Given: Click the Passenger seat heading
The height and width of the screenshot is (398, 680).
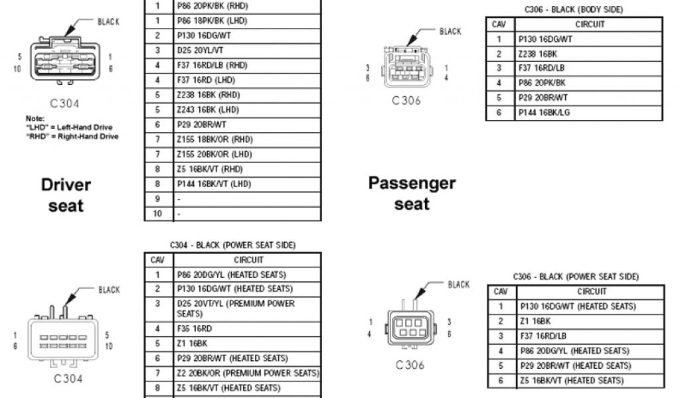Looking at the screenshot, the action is (x=412, y=193).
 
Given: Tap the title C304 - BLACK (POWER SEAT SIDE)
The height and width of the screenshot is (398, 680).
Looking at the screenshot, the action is (x=232, y=245).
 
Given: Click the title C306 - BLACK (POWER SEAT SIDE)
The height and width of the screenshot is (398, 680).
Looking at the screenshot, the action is (x=576, y=277).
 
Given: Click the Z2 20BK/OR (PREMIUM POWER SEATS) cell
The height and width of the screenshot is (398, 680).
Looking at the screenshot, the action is (x=248, y=373).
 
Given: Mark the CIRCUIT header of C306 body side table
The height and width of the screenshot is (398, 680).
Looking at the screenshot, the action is (x=590, y=25).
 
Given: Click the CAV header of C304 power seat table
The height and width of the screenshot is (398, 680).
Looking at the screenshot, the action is (x=157, y=260).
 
